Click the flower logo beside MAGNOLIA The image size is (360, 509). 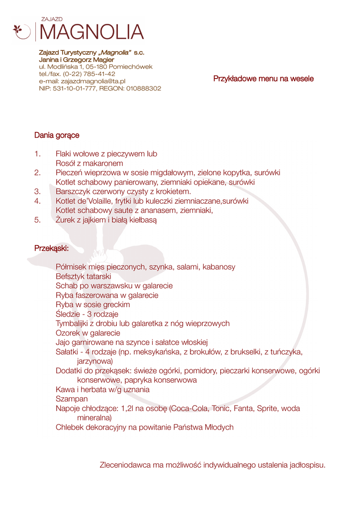21,31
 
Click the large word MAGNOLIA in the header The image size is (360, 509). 91,32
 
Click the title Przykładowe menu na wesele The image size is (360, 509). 264,79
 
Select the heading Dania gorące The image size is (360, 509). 57,135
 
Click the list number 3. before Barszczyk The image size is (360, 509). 37,191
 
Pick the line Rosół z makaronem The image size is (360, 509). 90,163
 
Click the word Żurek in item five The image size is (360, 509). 66,220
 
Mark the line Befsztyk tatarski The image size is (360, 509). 84,276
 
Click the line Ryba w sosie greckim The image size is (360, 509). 93,305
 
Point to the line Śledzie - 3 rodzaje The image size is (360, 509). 87,314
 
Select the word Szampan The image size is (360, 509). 72,399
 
